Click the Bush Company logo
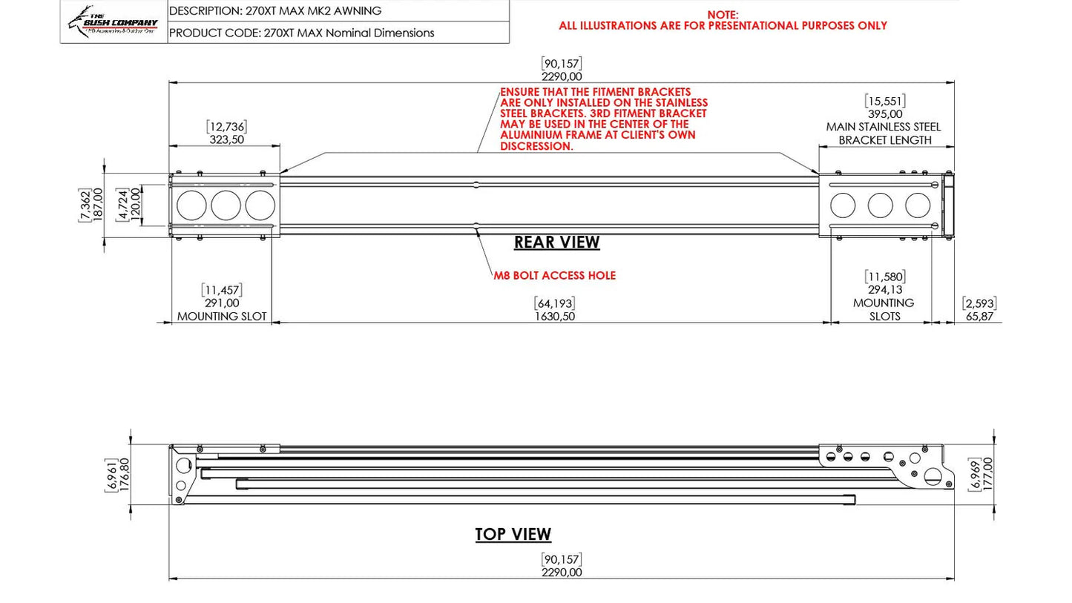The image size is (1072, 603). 114,22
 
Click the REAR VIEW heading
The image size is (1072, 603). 556,243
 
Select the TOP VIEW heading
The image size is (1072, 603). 513,534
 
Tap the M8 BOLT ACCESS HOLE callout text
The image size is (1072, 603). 554,275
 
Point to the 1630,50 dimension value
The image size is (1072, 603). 554,316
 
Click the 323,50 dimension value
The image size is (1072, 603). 226,139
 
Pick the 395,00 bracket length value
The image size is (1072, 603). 884,114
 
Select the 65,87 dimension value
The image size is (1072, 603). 979,316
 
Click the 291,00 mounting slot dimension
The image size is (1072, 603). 221,303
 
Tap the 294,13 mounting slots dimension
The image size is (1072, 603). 884,290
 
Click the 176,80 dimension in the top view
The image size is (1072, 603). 124,474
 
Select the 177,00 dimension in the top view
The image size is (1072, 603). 987,473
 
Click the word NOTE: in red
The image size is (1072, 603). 722,14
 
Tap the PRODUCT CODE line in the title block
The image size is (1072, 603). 301,33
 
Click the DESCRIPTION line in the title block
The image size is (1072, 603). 275,11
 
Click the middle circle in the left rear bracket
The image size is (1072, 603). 226,205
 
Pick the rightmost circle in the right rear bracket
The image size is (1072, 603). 918,205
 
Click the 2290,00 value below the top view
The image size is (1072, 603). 561,573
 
